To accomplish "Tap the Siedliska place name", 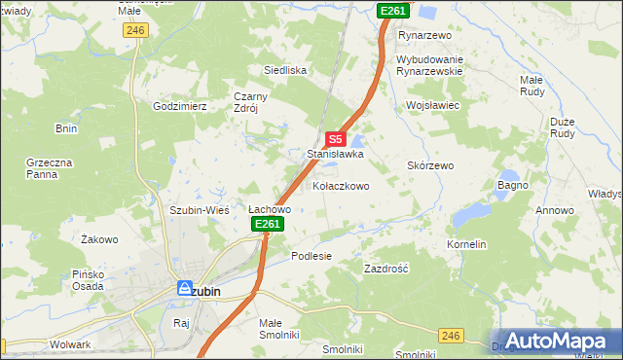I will tap(285, 70).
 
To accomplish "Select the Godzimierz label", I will tap(180, 106).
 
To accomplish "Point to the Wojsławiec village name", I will tap(432, 105).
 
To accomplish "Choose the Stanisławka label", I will tap(335, 154).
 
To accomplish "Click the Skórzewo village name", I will tap(430, 166).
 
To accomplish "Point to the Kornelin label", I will tap(466, 244).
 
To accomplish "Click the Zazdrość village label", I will tap(385, 268).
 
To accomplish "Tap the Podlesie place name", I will tap(311, 256).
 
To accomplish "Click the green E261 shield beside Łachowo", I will tap(268, 225).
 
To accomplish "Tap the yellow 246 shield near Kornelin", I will tap(449, 336).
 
